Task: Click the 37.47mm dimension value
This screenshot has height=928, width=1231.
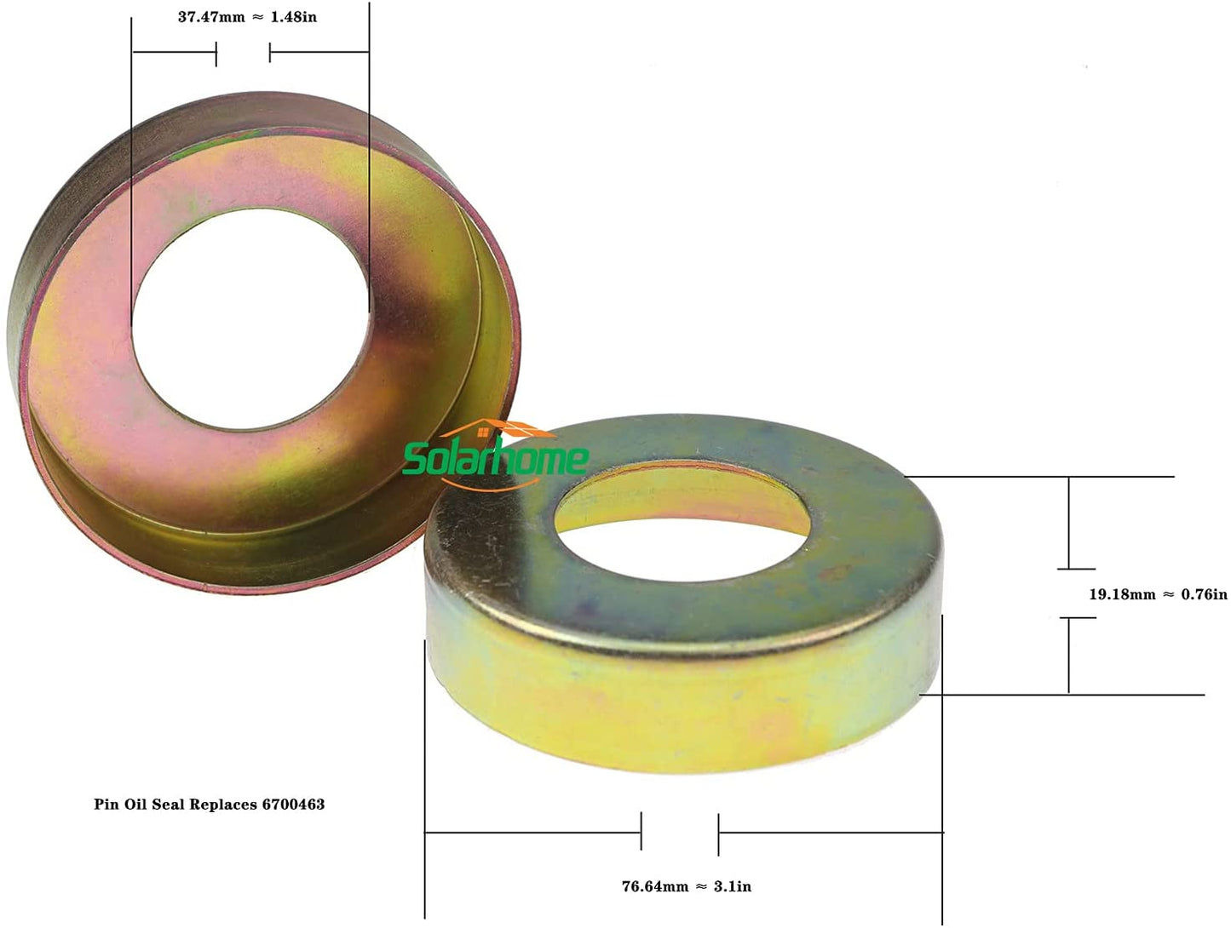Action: tap(210, 17)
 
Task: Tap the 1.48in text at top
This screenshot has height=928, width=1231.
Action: tap(294, 17)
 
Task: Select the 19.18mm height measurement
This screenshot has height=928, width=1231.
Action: tap(1122, 594)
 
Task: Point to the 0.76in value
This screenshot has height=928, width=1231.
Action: tap(1204, 594)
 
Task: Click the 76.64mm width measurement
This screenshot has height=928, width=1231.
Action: tap(654, 886)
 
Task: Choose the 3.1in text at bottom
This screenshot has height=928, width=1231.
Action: tap(733, 886)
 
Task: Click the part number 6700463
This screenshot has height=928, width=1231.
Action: tap(293, 804)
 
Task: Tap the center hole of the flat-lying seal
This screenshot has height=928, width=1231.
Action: tap(682, 511)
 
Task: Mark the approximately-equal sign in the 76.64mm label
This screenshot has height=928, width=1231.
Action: tap(700, 886)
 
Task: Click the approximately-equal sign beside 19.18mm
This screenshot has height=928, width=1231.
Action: tap(1168, 594)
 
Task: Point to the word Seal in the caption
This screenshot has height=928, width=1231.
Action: tap(168, 804)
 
